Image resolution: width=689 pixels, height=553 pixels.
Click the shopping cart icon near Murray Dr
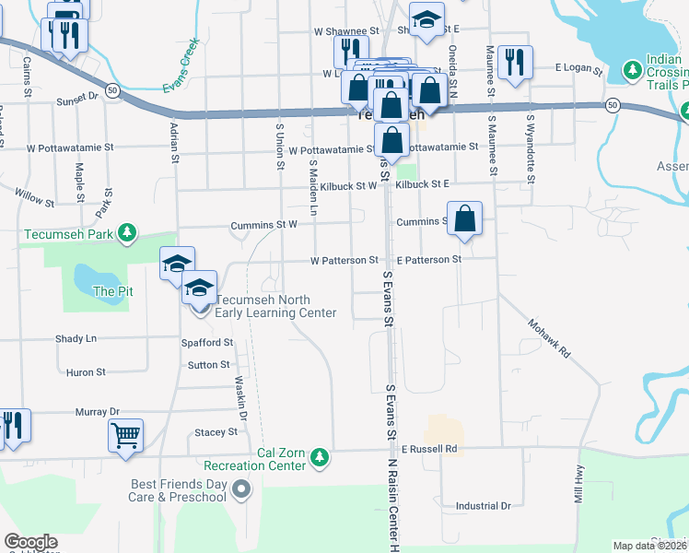click(125, 434)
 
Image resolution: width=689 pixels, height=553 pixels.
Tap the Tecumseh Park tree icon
click(130, 233)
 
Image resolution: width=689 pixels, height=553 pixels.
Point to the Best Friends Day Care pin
click(241, 489)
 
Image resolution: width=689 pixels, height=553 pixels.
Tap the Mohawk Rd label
click(550, 338)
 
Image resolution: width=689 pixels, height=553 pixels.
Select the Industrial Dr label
click(483, 506)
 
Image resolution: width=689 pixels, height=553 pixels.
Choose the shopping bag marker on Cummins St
click(466, 219)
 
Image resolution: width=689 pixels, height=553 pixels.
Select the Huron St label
click(86, 372)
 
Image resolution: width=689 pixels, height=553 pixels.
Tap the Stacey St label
click(216, 431)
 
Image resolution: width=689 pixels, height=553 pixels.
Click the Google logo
click(30, 542)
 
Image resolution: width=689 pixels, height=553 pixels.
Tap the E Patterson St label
click(428, 260)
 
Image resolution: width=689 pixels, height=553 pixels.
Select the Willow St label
click(36, 195)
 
